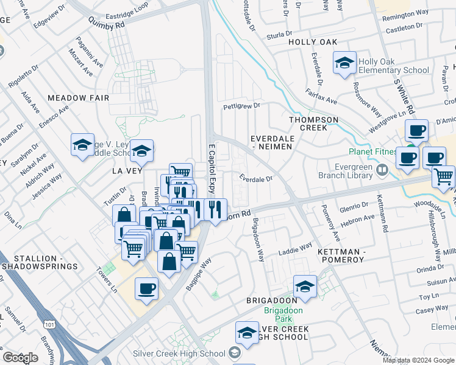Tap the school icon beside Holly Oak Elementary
coord(344,63)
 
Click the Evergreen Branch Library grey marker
coord(382,168)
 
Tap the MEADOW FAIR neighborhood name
coord(78,98)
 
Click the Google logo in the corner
coord(21,358)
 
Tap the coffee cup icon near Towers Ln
coord(146,288)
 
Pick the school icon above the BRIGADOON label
coord(305,285)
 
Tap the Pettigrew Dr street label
coord(241,106)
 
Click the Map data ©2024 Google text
coord(418,360)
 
